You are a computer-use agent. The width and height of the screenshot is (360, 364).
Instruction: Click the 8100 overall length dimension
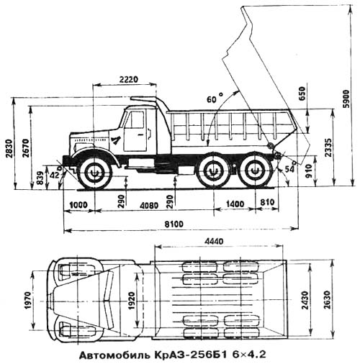(174, 224)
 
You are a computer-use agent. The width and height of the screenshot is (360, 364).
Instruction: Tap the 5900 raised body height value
(346, 99)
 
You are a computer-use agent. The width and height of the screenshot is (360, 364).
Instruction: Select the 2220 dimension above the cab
(129, 79)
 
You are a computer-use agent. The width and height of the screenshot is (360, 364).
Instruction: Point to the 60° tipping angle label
(215, 98)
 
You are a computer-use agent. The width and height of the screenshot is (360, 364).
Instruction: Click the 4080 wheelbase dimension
(149, 206)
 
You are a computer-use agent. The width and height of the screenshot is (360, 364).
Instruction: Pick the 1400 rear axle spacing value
(235, 204)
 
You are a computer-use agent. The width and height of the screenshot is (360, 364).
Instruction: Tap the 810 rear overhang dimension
(267, 202)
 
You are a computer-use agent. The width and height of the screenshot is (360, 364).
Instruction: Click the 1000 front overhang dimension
(78, 205)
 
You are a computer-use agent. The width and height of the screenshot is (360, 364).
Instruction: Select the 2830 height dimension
(9, 148)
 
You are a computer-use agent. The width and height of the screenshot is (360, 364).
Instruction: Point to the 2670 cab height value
(26, 148)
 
